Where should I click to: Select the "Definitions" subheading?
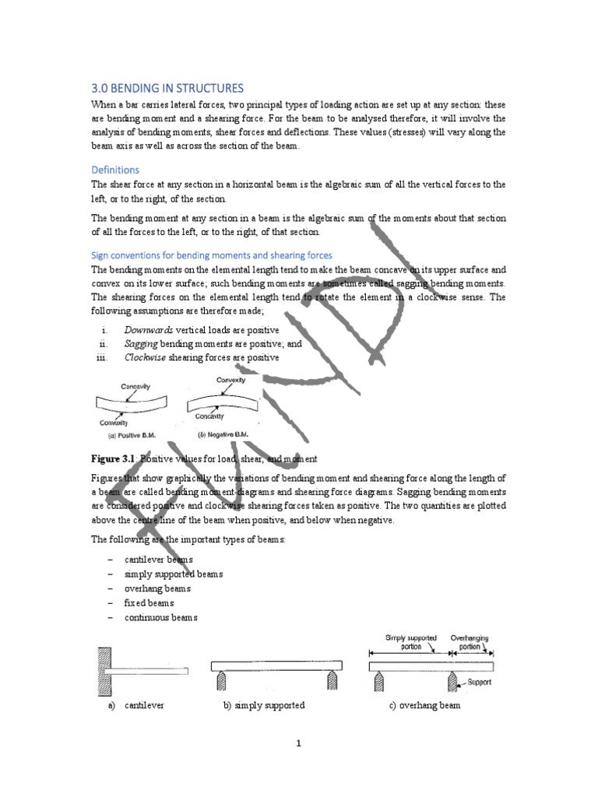tap(116, 169)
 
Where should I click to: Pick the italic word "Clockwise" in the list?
tap(147, 357)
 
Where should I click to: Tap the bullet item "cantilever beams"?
tap(159, 560)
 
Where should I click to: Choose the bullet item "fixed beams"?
tap(149, 602)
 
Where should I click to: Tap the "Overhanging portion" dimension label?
tap(470, 641)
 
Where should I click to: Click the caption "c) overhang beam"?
tap(425, 705)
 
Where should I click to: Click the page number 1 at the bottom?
tap(298, 743)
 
